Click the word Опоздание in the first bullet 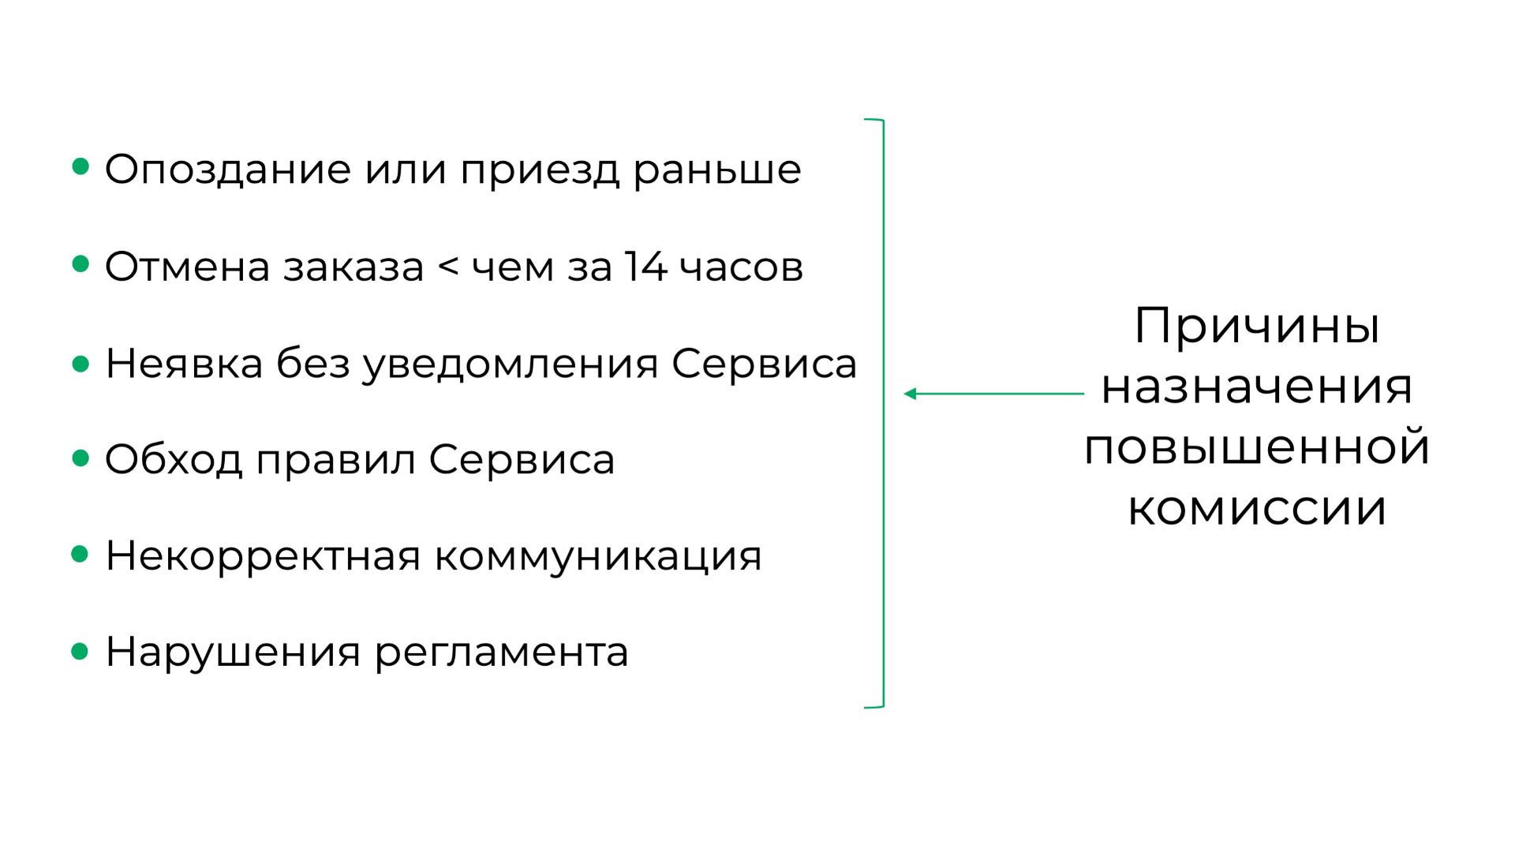(227, 170)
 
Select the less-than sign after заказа (447, 267)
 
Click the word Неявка (184, 364)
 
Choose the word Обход (174, 460)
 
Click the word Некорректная (263, 556)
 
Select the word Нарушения (233, 653)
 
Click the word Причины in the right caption (1256, 326)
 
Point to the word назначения (1256, 387)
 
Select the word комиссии (1256, 509)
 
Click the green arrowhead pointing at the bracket (910, 394)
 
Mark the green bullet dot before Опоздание (80, 166)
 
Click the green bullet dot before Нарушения (80, 652)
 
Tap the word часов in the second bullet (741, 267)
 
